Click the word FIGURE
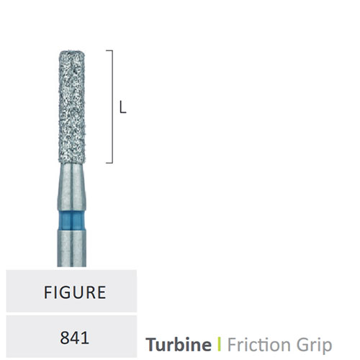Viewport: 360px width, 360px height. pyautogui.click(x=75, y=292)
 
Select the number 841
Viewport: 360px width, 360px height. pyautogui.click(x=74, y=338)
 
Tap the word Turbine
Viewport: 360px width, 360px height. pyautogui.click(x=179, y=344)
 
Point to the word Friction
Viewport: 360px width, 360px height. pyautogui.click(x=259, y=344)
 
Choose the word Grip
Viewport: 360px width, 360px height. pyautogui.click(x=315, y=346)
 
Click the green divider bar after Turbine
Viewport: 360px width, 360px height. pyautogui.click(x=219, y=344)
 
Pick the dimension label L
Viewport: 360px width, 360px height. pyautogui.click(x=122, y=107)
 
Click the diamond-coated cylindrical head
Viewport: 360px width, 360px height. pyautogui.click(x=72, y=107)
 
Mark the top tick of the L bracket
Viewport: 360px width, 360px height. pyautogui.click(x=109, y=50)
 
